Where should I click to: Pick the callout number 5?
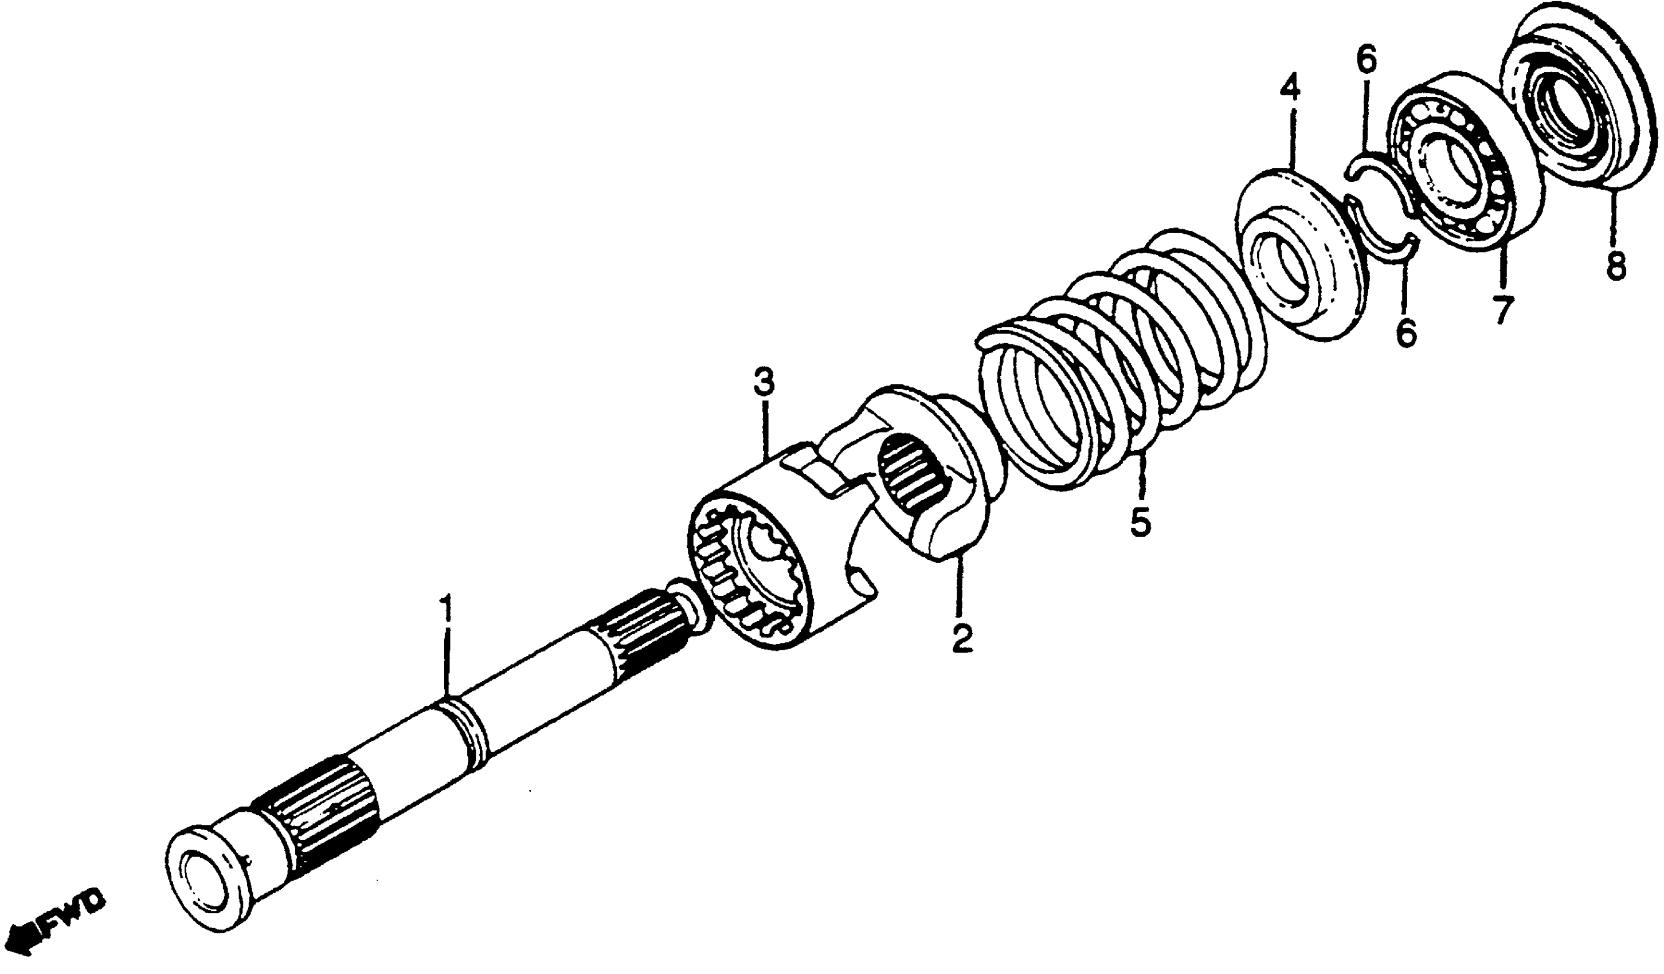coord(1140,523)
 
